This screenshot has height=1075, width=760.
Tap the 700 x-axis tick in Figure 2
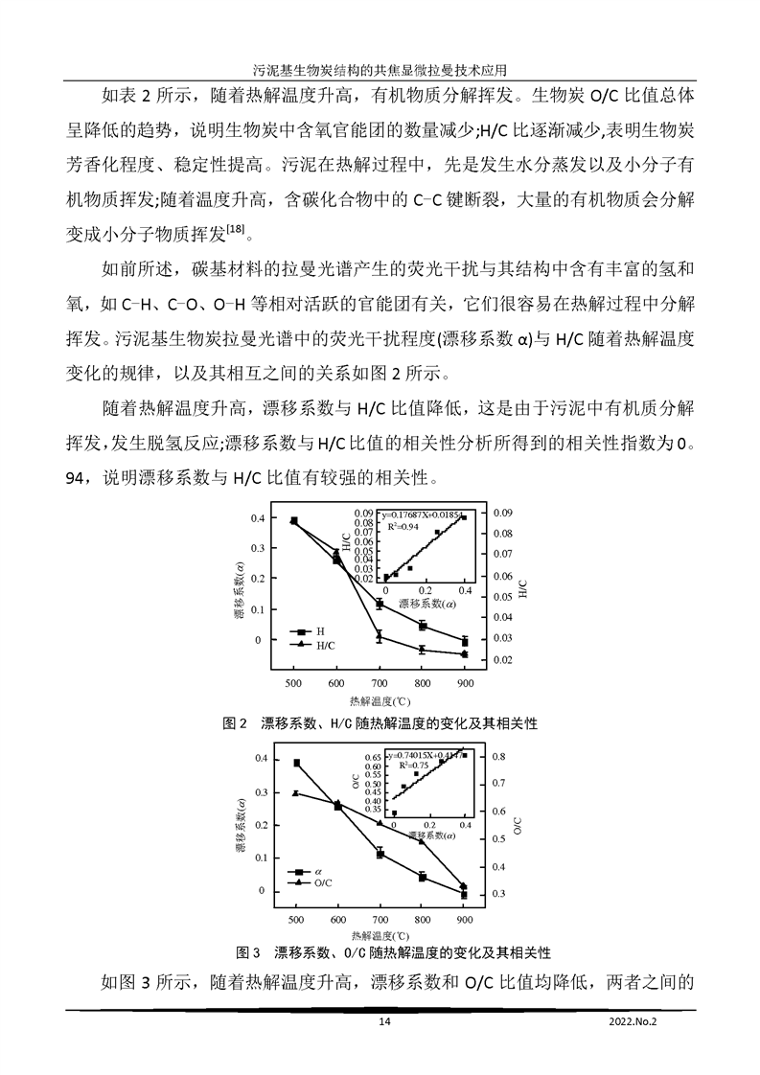coord(379,681)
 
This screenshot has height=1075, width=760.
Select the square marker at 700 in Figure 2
coord(380,605)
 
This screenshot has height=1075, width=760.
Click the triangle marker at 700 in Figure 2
coord(380,636)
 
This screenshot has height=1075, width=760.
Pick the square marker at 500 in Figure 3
coord(296,764)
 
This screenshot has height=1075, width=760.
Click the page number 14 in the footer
coord(384,1023)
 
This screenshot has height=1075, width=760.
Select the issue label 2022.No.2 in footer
coord(636,1023)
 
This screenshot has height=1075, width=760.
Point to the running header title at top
coord(380,69)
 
